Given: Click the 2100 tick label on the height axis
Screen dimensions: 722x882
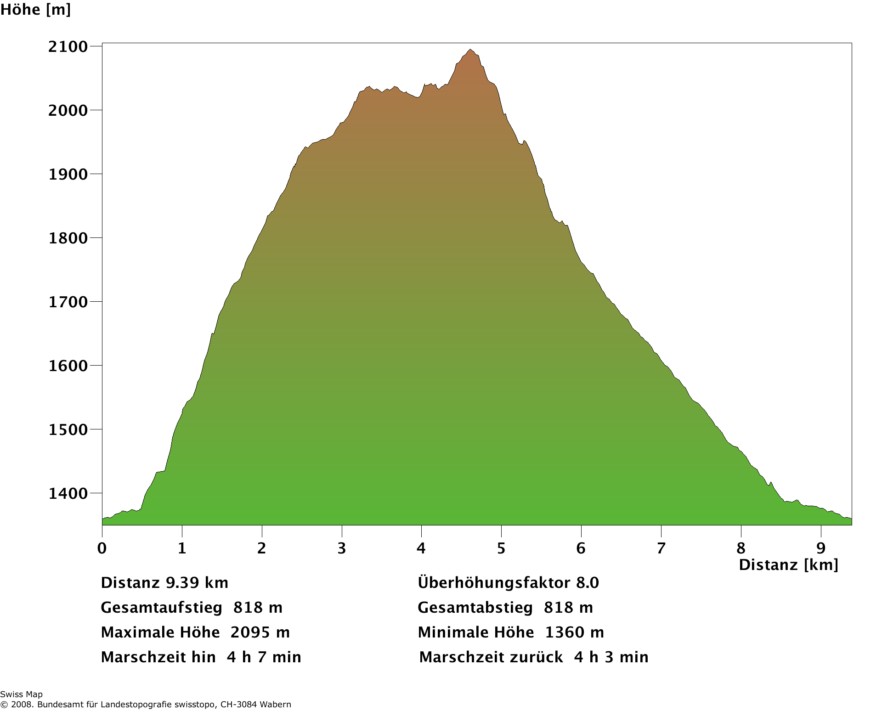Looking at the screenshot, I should pos(68,46).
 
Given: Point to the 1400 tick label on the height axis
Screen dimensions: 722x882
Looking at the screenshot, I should pos(68,494).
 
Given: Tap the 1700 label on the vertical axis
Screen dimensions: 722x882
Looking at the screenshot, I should pos(68,302).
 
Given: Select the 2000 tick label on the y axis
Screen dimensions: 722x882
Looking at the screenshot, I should pos(68,110).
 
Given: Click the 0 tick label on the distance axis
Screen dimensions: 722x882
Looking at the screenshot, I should pos(102,548).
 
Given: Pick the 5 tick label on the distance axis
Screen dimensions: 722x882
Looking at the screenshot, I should pos(501,548).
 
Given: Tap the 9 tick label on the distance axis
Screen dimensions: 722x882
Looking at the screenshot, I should pos(821,548).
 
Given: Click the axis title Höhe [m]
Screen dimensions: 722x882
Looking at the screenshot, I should pos(35,9).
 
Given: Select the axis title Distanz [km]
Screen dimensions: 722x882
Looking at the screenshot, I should pos(788,564).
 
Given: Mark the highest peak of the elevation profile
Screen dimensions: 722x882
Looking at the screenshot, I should pos(470,50).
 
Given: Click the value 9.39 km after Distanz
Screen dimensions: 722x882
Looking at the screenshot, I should pos(197,583).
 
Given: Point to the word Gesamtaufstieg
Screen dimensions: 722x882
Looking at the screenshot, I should pos(161,608).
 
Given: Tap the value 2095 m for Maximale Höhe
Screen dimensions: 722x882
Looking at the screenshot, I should pos(260,632).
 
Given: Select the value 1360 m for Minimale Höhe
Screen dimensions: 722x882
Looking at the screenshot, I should pos(574,632).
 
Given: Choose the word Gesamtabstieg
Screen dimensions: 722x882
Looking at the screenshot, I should pos(475,608).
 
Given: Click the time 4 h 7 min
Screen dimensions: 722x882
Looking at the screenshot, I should pos(264,657).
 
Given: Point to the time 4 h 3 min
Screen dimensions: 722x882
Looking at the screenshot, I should pos(611,657).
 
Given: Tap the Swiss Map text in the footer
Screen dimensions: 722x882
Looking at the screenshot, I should pos(21,694).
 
